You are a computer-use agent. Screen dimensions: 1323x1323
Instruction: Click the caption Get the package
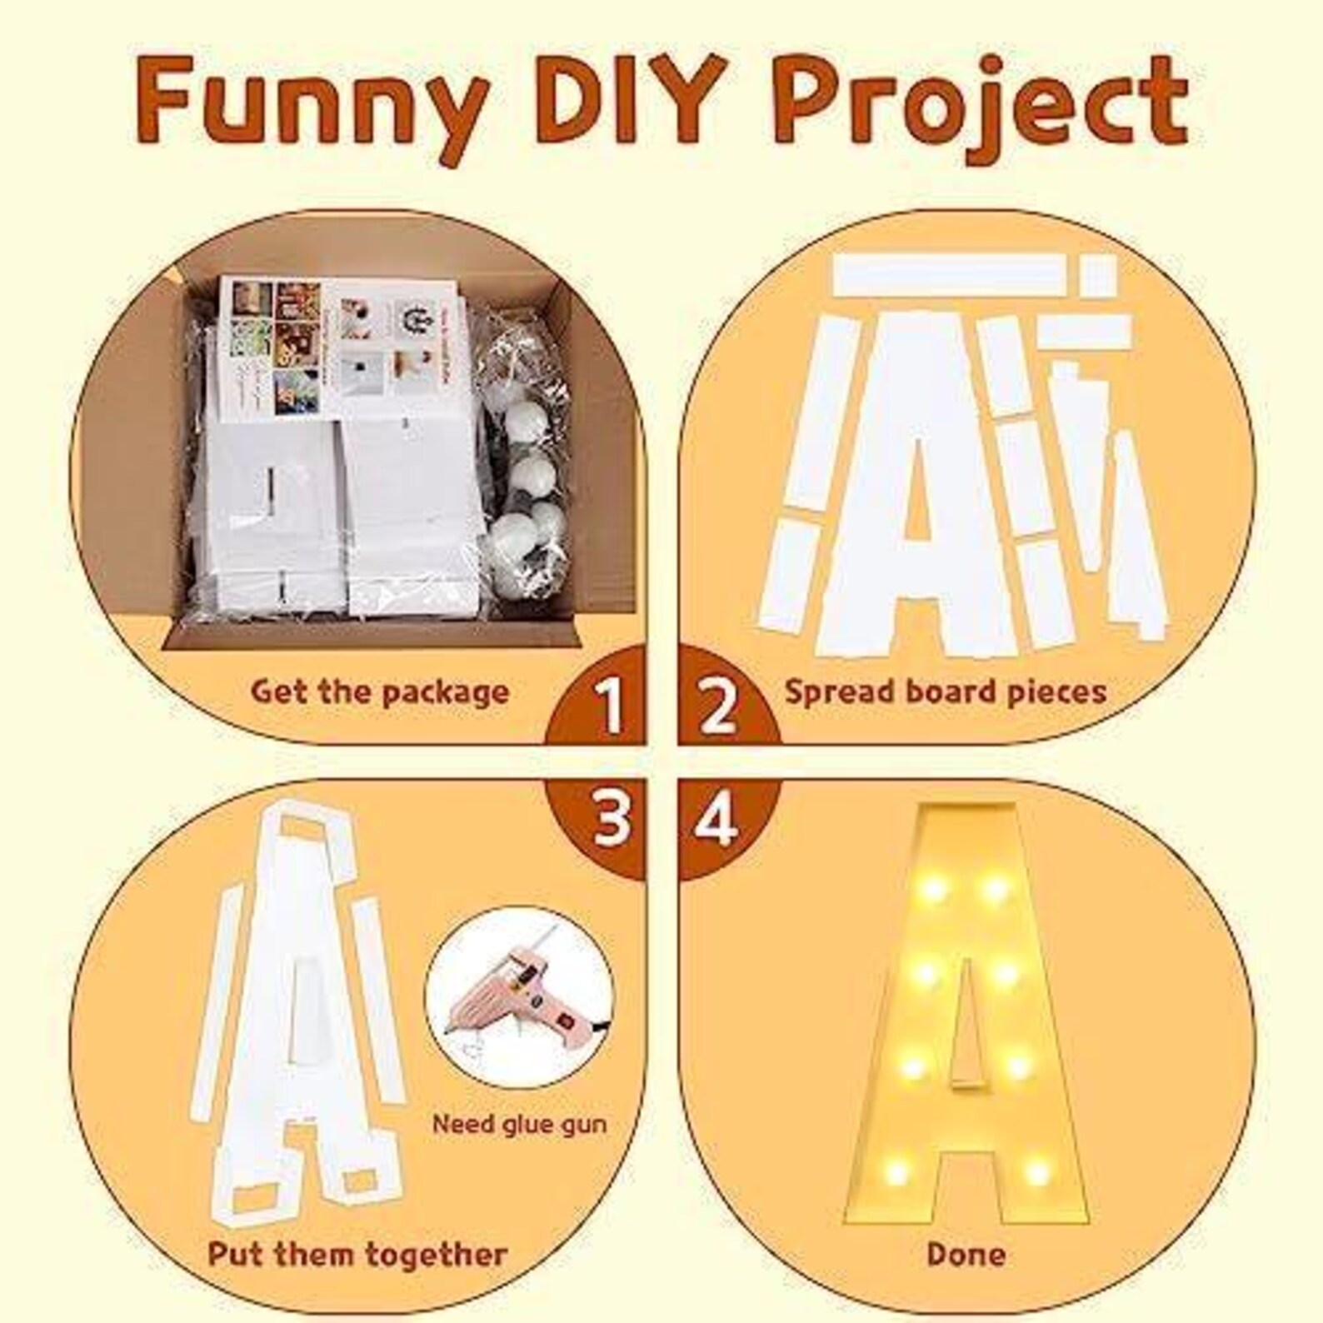click(380, 692)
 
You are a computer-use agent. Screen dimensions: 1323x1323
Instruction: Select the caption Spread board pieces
click(945, 692)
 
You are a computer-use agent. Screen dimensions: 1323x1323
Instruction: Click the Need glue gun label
click(519, 1124)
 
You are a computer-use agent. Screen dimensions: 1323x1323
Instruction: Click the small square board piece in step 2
click(1097, 275)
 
